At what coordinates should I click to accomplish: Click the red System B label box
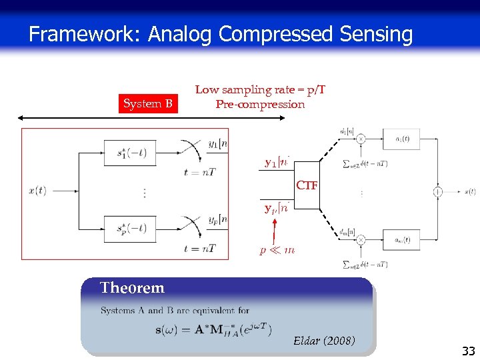pos(148,103)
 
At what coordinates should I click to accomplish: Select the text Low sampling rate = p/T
pos(260,90)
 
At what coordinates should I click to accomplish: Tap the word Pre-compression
pos(260,104)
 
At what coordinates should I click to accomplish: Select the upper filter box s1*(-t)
pos(129,153)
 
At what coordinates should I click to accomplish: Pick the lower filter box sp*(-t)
pos(129,229)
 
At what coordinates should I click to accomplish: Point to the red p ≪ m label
pos(277,250)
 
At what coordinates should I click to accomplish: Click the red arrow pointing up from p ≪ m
pos(274,230)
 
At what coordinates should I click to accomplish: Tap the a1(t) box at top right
pos(402,139)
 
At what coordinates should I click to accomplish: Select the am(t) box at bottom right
pos(401,239)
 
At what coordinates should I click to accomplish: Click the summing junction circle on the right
pos(438,192)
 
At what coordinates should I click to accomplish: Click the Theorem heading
pos(132,288)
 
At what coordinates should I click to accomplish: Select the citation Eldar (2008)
pos(324,342)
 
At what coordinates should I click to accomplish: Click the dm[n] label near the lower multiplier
pos(346,232)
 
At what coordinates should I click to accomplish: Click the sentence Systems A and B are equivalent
pos(175,311)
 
